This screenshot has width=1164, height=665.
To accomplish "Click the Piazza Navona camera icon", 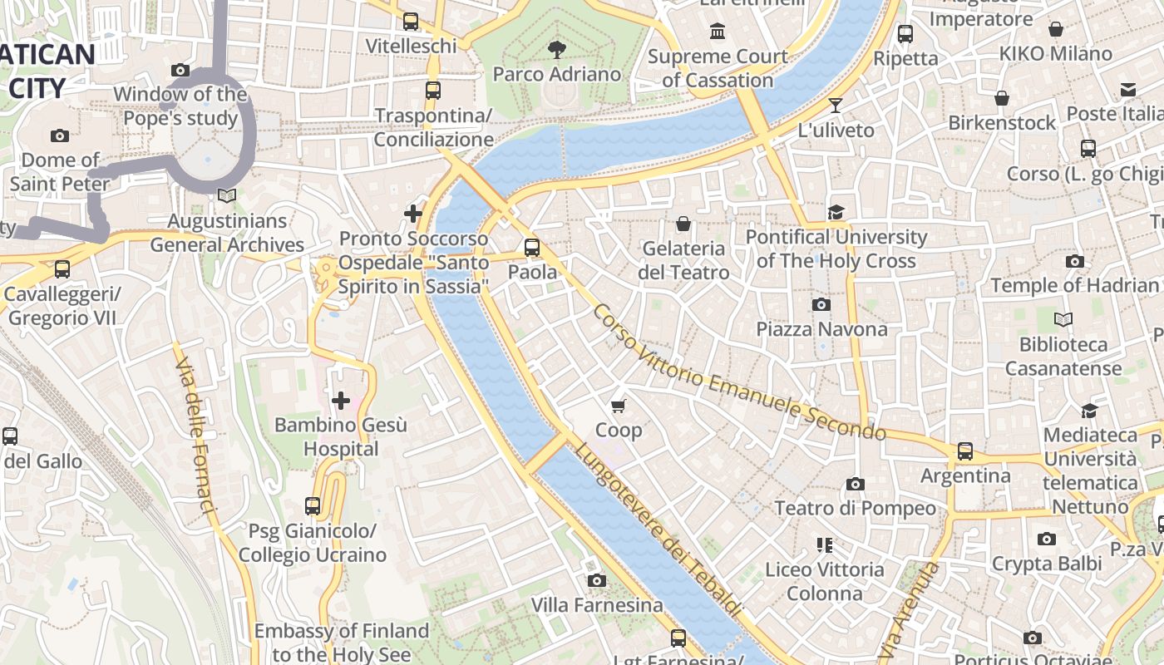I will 821,304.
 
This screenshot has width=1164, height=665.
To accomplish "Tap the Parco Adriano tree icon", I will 557,50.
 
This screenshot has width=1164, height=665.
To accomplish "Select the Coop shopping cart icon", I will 618,406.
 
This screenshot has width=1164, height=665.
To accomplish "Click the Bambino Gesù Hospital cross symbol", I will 341,401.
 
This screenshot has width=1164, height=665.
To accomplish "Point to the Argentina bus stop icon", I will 964,451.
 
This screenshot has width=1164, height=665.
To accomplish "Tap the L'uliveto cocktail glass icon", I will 836,106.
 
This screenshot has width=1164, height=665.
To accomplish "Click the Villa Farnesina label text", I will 597,605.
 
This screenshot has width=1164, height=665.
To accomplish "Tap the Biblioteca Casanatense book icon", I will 1063,319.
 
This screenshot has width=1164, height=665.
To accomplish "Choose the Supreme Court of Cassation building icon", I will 717,32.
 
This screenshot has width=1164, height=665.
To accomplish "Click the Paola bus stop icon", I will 532,248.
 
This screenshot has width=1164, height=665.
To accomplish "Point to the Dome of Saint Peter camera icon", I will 60,135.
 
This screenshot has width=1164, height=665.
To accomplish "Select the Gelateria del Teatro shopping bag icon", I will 683,224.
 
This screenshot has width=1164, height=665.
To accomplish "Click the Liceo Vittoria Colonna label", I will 824,581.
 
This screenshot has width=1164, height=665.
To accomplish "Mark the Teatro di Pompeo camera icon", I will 855,484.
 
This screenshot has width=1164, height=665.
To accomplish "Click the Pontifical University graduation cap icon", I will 836,212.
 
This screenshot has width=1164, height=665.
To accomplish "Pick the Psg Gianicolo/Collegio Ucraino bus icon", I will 313,505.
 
